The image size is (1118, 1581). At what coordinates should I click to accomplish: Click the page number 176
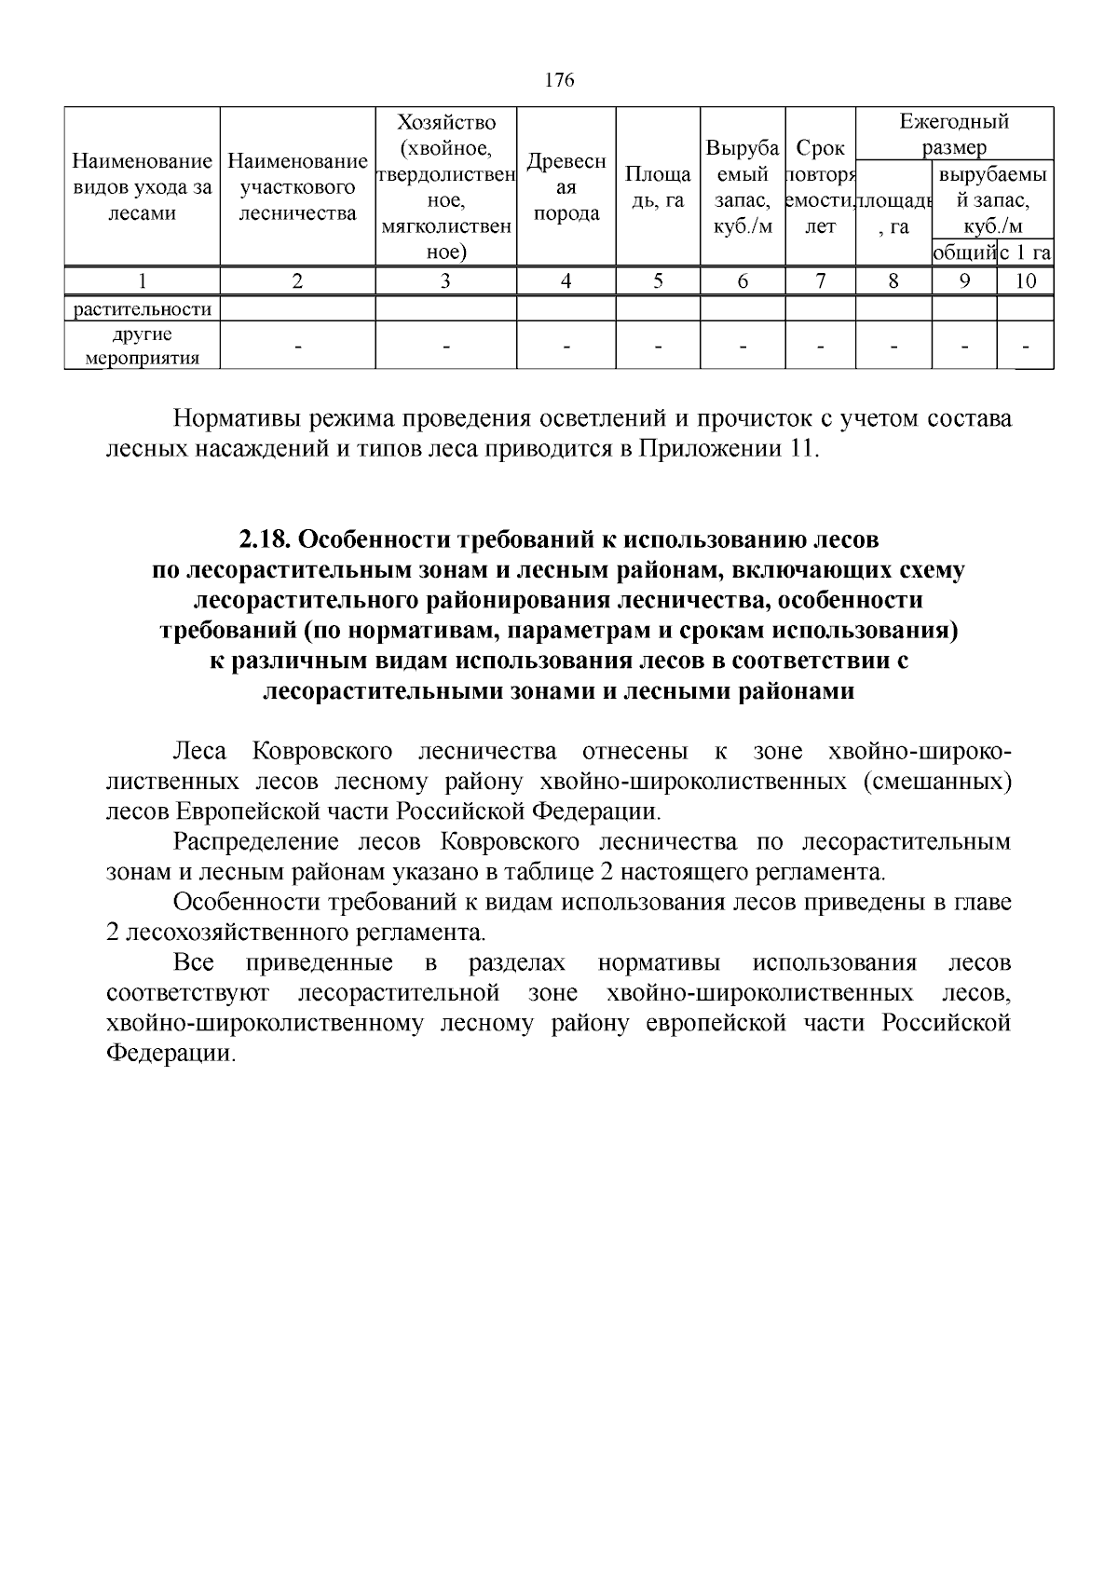(x=559, y=80)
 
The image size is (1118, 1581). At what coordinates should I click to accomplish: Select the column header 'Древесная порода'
(x=566, y=187)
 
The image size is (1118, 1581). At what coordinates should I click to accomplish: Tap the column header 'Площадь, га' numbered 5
(x=658, y=187)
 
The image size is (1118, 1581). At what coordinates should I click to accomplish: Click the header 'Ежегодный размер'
(x=954, y=134)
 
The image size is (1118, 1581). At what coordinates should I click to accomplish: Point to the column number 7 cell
(x=820, y=281)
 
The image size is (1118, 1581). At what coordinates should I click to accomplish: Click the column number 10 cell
(x=1025, y=281)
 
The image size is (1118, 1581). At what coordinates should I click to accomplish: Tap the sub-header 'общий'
(x=964, y=252)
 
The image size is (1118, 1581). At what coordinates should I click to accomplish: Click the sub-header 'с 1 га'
(x=1025, y=252)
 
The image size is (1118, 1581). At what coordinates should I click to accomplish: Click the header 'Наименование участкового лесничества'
(x=297, y=187)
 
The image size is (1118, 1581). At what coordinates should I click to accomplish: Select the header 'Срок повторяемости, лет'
(x=820, y=187)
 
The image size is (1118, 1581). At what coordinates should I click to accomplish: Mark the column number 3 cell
(x=445, y=281)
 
